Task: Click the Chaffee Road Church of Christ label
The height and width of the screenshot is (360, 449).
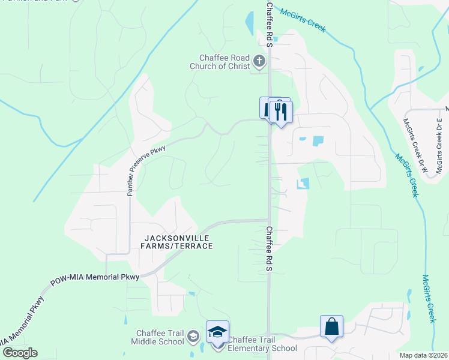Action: point(220,62)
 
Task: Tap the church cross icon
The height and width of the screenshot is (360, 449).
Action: point(259,60)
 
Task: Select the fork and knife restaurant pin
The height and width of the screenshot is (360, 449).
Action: point(280,112)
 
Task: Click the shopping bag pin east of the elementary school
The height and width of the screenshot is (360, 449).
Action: point(331,327)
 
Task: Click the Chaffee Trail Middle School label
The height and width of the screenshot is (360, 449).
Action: point(160,337)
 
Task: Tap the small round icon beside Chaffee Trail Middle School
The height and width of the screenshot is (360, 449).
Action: point(193,336)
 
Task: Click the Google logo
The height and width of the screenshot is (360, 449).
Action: point(19,353)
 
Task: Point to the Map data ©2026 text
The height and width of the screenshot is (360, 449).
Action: point(423,355)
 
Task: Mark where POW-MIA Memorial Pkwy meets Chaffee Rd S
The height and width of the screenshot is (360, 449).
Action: point(268,220)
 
